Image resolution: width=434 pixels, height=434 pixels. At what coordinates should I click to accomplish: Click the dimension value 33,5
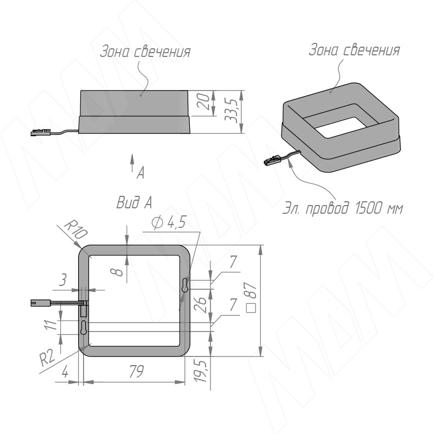235,112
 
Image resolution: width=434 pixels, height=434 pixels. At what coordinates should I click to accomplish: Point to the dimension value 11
51,325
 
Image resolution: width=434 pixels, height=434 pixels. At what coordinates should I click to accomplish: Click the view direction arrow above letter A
132,161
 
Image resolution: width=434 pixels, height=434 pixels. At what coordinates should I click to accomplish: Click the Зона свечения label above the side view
145,52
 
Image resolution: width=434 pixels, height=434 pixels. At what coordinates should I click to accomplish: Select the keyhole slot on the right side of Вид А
186,285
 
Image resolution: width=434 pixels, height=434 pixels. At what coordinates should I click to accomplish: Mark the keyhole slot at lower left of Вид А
84,328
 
